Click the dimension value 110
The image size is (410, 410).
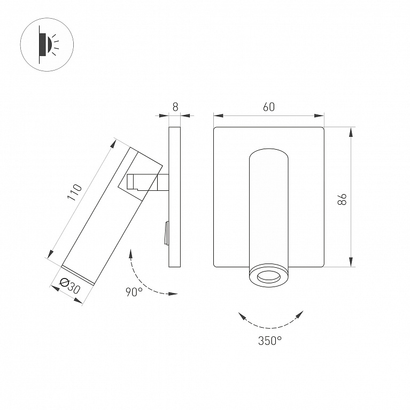[x=75, y=192]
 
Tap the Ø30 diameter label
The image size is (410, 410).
[x=70, y=286]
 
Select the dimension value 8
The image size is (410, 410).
[x=175, y=107]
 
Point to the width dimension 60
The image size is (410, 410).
[x=269, y=107]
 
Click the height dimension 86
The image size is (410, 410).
[x=342, y=199]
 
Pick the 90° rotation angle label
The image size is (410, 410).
[x=134, y=292]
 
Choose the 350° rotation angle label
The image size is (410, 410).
[x=270, y=341]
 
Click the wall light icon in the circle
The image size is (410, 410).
[x=47, y=45]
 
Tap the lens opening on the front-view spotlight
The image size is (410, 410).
[x=268, y=277]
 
